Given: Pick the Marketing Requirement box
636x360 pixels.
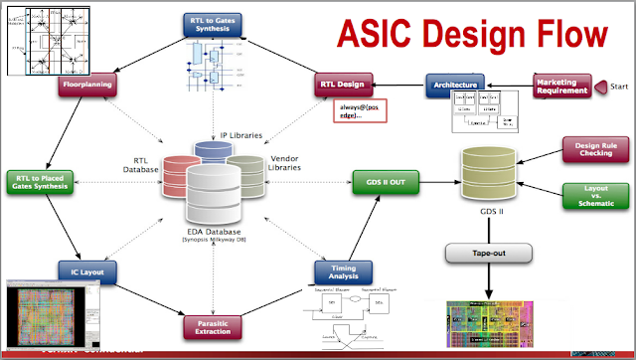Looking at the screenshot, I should pos(563,87).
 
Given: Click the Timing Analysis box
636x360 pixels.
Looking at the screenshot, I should pos(343,270).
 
